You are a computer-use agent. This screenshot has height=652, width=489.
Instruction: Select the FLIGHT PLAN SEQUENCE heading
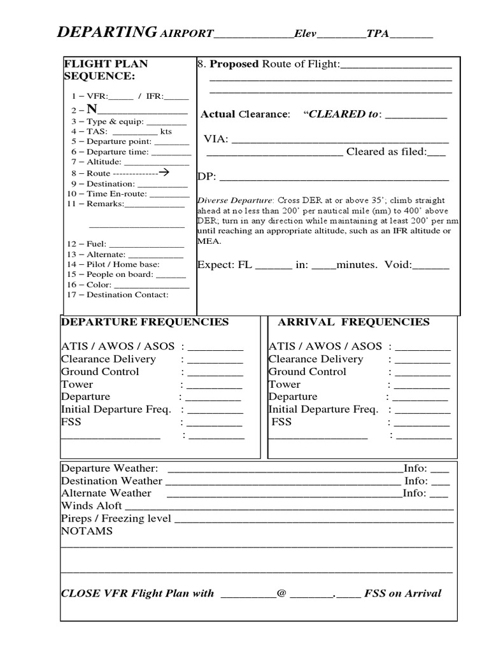(x=106, y=70)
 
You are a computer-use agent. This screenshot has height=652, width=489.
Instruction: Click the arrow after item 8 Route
(x=163, y=173)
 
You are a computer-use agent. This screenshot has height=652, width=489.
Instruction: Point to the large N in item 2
(x=92, y=109)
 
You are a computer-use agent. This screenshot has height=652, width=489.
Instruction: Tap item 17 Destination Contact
(x=118, y=295)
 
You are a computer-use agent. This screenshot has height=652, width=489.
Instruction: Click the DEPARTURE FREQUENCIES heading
(x=145, y=322)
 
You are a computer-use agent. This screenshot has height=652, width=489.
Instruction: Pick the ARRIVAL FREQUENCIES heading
(x=353, y=322)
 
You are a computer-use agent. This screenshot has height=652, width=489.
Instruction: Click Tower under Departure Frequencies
(x=77, y=385)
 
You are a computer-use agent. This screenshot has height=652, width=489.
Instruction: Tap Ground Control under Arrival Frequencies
(x=308, y=372)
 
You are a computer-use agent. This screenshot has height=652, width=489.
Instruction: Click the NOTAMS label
(x=87, y=531)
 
